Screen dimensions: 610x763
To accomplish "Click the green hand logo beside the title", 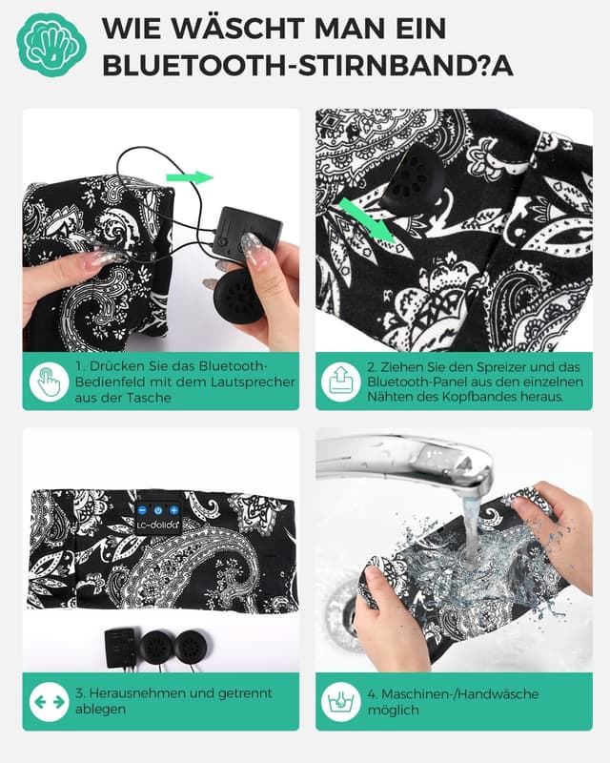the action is pyautogui.click(x=51, y=45).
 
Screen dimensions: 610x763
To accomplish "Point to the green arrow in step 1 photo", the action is pyautogui.click(x=190, y=177).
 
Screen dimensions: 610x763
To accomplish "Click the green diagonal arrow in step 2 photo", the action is pyautogui.click(x=367, y=220).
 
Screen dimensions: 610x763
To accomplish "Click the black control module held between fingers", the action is pyautogui.click(x=247, y=233).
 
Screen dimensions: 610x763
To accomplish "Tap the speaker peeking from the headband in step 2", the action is pyautogui.click(x=412, y=178).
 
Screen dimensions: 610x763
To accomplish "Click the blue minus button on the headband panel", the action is pyautogui.click(x=142, y=510).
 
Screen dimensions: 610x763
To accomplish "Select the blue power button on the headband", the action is pyautogui.click(x=158, y=510).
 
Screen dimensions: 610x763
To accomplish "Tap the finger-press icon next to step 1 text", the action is pyautogui.click(x=49, y=381).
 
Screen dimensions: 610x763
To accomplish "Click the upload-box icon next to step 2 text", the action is pyautogui.click(x=340, y=381).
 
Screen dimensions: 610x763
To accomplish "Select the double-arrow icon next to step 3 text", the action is pyautogui.click(x=49, y=702).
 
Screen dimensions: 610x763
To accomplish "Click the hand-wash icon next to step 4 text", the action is pyautogui.click(x=340, y=702).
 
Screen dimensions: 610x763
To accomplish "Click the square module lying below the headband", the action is pyautogui.click(x=121, y=648).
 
